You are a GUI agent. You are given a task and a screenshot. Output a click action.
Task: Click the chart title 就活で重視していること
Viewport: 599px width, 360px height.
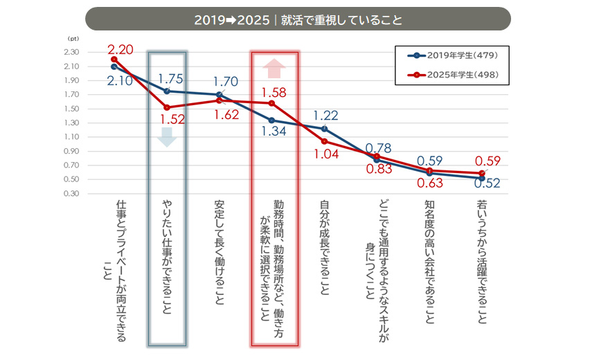tap(341, 20)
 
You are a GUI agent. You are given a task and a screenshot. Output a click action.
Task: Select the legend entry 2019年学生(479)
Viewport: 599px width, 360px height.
tap(453, 56)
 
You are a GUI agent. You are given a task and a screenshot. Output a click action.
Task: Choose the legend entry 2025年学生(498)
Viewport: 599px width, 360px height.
tap(453, 75)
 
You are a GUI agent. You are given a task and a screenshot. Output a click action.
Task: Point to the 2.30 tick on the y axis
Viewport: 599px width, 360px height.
tap(72, 53)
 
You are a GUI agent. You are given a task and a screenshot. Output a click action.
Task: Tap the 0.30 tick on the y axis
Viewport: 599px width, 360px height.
tap(72, 194)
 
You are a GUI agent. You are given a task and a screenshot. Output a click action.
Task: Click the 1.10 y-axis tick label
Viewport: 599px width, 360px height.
tap(72, 137)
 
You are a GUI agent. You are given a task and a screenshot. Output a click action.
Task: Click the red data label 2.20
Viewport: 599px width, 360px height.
tap(120, 50)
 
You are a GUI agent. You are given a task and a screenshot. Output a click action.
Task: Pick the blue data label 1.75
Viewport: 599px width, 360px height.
tap(170, 79)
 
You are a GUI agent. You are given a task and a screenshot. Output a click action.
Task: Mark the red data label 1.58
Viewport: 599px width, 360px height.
tap(274, 92)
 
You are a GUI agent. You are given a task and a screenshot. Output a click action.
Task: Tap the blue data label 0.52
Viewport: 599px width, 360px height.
tap(487, 183)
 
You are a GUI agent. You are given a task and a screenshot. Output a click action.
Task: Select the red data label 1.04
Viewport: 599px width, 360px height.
tap(326, 154)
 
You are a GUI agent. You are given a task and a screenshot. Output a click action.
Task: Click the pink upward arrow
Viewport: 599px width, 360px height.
tap(274, 69)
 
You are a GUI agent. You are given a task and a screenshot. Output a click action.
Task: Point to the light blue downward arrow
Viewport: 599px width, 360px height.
tap(167, 137)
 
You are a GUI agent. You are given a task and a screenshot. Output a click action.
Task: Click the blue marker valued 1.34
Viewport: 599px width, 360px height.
tap(271, 120)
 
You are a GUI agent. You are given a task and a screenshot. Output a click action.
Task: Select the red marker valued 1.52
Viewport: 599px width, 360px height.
tap(167, 108)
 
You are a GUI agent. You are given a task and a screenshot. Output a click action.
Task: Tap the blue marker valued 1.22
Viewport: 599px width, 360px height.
tap(324, 129)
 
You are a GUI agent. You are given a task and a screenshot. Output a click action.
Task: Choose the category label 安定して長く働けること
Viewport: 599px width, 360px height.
tap(220, 252)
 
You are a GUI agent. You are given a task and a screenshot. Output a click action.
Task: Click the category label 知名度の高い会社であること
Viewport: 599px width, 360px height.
tap(430, 262)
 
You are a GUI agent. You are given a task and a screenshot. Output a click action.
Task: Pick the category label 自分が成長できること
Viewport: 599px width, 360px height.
tap(324, 247)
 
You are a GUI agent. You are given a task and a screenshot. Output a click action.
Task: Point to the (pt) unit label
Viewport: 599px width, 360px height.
tap(73, 39)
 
